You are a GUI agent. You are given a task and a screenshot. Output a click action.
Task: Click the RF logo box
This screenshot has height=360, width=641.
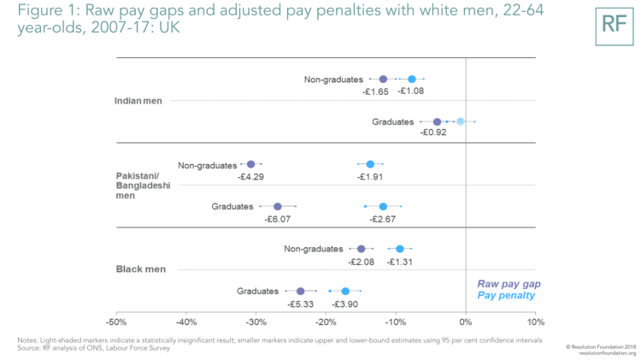click(615, 23)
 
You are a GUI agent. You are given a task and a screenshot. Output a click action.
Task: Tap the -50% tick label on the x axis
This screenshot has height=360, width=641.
click(116, 322)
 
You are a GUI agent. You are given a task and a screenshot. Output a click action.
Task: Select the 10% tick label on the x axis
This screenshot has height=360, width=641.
click(535, 322)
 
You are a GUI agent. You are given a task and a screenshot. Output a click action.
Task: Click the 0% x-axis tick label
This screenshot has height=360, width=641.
click(465, 322)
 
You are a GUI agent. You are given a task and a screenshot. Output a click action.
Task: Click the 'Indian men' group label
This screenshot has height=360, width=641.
click(140, 100)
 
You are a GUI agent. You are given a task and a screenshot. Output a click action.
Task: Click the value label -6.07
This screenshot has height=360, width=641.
click(279, 220)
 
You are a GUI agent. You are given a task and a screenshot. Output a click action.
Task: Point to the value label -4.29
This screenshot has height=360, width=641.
click(251, 177)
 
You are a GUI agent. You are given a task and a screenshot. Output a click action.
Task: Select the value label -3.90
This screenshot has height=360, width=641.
click(344, 304)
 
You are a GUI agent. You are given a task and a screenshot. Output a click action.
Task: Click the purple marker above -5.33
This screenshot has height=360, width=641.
click(300, 292)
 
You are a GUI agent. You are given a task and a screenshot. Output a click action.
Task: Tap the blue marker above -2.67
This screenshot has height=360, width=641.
click(383, 206)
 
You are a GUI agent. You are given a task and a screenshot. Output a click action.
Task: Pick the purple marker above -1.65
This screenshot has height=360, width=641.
click(383, 80)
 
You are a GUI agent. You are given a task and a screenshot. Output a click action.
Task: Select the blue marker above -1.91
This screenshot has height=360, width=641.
click(370, 164)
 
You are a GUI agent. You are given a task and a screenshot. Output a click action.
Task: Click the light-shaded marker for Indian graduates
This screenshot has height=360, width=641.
click(461, 121)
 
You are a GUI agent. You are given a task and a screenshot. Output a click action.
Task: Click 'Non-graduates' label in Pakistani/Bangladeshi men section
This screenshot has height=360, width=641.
click(207, 164)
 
